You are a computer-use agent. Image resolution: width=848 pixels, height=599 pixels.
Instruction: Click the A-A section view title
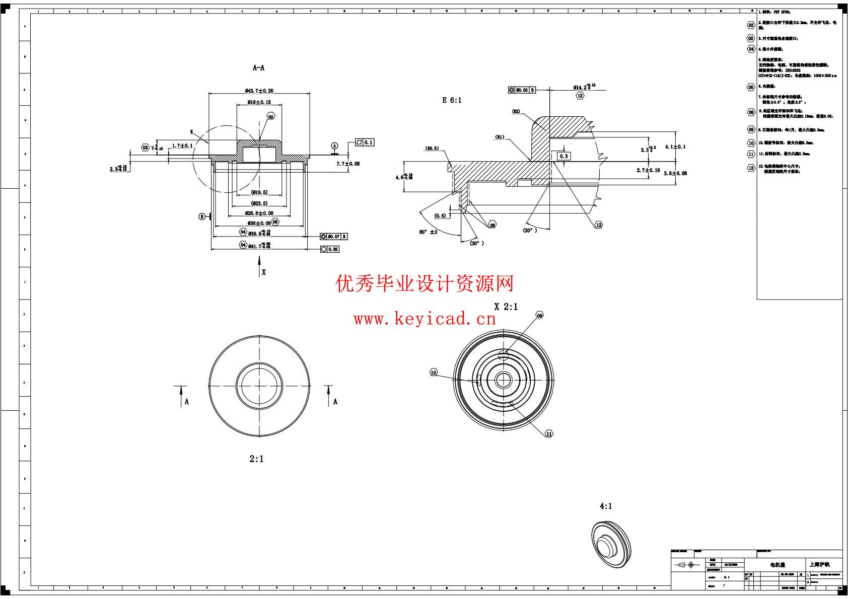pos(258,68)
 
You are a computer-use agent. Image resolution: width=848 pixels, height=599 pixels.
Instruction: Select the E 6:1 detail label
pos(452,100)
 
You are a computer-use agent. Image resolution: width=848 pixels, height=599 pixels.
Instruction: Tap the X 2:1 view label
pos(506,307)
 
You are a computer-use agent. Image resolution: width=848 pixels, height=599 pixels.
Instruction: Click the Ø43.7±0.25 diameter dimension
pos(259,91)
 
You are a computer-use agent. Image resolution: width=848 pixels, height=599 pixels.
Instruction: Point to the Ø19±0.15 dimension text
pos(259,102)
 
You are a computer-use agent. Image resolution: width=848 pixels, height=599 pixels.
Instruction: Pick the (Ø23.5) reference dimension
pos(259,203)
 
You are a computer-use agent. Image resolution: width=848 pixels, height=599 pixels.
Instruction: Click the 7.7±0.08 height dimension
pos(348,164)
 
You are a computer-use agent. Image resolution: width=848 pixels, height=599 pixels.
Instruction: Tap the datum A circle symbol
pos(334,146)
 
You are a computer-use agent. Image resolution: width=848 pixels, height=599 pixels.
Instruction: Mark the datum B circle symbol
pos(202,216)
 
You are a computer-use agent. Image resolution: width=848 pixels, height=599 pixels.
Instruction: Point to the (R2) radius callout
pos(516,111)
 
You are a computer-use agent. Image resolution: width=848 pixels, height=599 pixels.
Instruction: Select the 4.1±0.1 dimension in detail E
pos(675,146)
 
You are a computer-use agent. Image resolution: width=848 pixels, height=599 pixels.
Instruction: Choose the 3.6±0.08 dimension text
pos(675,173)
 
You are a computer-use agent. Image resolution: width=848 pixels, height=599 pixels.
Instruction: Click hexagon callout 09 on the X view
pos(539,316)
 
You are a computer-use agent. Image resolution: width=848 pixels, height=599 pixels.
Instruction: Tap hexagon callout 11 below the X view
pos(549,433)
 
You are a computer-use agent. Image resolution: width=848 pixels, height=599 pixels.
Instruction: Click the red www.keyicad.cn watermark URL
pos(425,319)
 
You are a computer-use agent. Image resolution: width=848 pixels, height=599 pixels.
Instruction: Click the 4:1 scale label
pos(606,506)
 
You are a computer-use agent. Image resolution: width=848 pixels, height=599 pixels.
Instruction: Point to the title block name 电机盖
pos(778,565)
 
